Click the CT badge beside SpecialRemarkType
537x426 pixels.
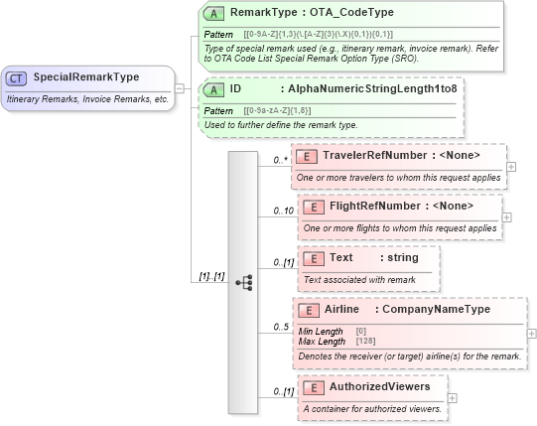17,77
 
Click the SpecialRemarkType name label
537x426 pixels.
86,77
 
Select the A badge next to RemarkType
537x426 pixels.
213,14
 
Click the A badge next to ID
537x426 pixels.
213,89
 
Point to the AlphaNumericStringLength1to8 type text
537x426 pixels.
373,89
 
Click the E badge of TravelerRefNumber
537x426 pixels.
309,155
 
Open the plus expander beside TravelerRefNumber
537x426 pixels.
511,166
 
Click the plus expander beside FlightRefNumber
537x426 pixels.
507,216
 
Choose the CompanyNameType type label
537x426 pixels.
437,310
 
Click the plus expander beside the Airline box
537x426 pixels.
531,335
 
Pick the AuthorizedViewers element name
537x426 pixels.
379,385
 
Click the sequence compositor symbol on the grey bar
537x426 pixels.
243,283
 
